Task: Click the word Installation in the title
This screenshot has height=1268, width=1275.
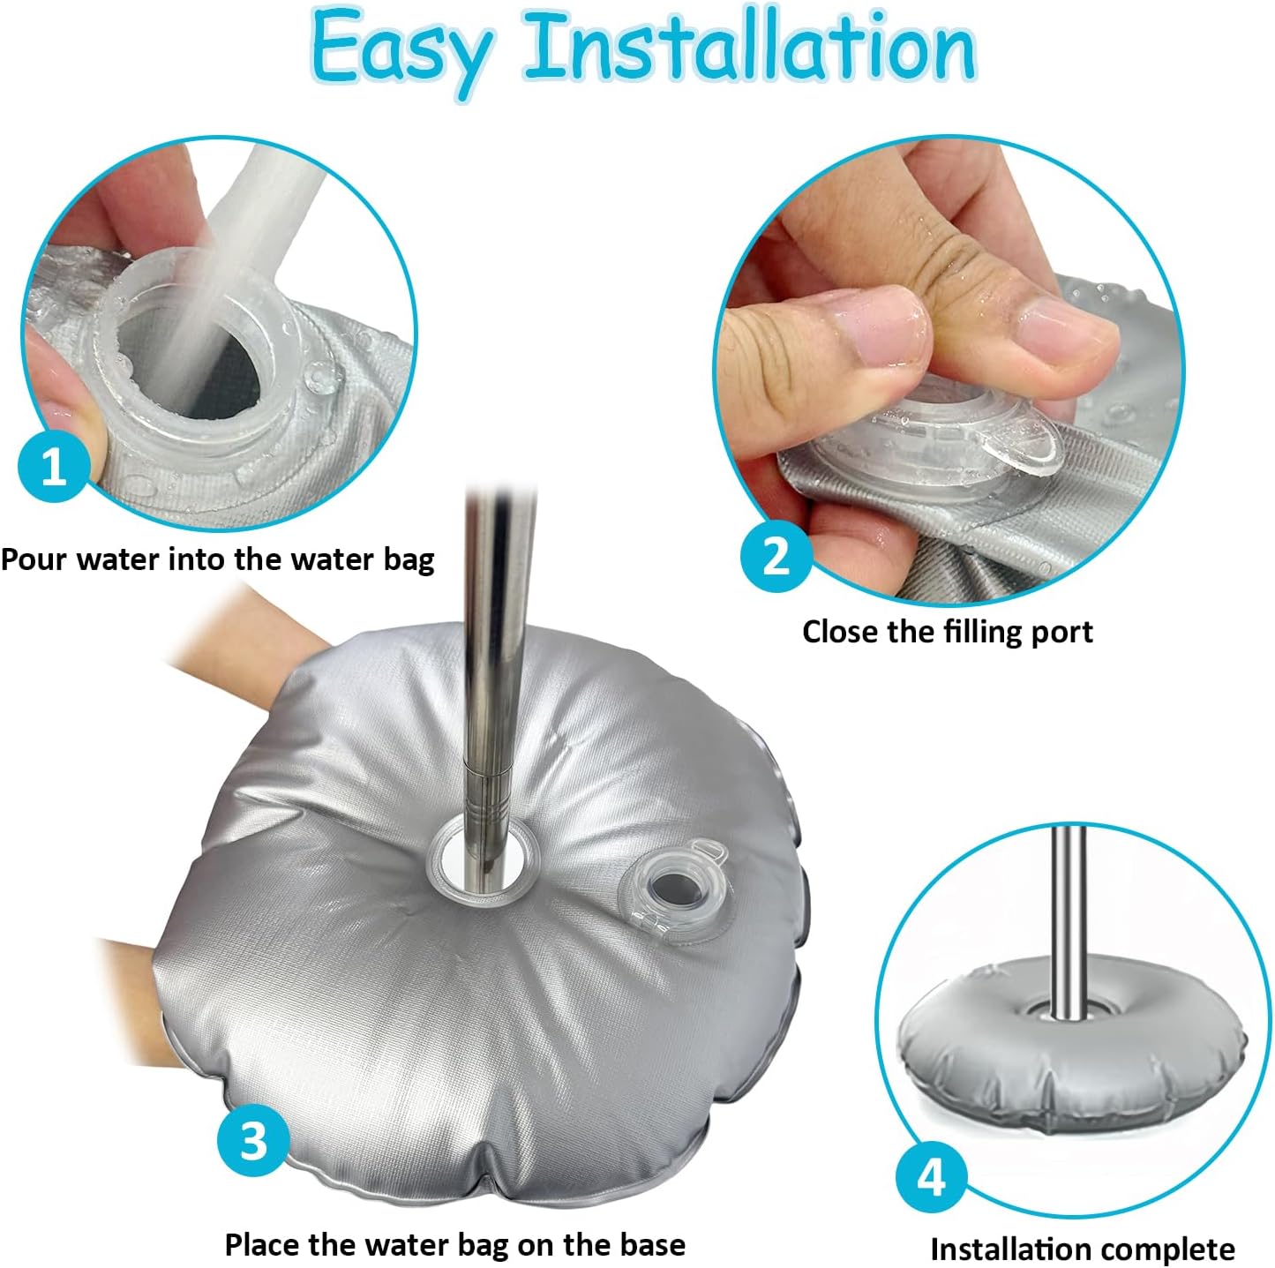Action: (x=751, y=46)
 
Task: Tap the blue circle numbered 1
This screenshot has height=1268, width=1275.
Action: (x=54, y=465)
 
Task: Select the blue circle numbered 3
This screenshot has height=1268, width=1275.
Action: (x=253, y=1140)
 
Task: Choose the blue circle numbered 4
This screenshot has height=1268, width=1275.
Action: (x=932, y=1178)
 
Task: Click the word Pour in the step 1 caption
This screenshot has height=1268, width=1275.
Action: (x=34, y=559)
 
